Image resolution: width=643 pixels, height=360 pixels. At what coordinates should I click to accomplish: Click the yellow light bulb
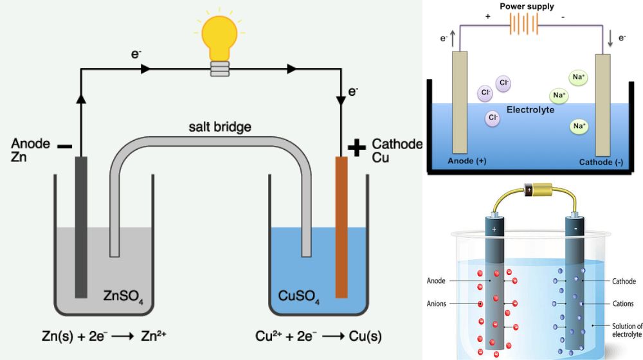pyautogui.click(x=221, y=40)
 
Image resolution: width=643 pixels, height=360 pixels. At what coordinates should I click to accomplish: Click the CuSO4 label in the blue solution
pyautogui.click(x=299, y=296)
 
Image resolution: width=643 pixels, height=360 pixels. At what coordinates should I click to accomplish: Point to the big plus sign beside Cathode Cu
pyautogui.click(x=356, y=148)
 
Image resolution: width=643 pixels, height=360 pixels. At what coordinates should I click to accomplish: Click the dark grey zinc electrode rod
pyautogui.click(x=81, y=225)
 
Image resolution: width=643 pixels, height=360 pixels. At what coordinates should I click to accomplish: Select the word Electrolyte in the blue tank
pyautogui.click(x=530, y=110)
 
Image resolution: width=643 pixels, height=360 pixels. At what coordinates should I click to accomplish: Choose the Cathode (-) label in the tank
pyautogui.click(x=600, y=161)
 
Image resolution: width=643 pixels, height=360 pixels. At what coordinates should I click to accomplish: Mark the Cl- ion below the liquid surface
pyautogui.click(x=493, y=118)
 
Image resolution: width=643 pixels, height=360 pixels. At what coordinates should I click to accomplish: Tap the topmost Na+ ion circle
pyautogui.click(x=579, y=78)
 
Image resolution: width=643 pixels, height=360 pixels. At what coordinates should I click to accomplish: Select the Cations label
pyautogui.click(x=624, y=303)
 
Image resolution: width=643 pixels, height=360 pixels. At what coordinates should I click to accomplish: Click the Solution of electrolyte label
pyautogui.click(x=626, y=330)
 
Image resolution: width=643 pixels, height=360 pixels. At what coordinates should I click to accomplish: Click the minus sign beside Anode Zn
pyautogui.click(x=64, y=147)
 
